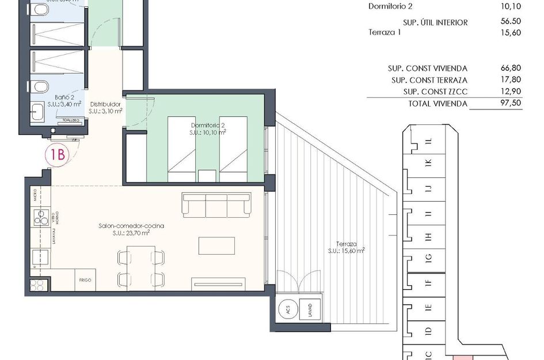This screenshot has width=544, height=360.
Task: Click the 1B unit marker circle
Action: click(x=56, y=154)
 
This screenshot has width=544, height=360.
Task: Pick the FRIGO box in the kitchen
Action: click(x=85, y=281)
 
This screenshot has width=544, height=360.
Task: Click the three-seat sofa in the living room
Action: click(x=216, y=204)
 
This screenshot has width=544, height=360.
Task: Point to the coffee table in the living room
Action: click(x=216, y=245)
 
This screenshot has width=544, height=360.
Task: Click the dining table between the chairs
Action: click(x=136, y=266)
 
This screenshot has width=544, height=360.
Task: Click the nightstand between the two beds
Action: click(x=207, y=176)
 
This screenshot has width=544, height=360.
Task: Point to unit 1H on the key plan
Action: click(x=428, y=236)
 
